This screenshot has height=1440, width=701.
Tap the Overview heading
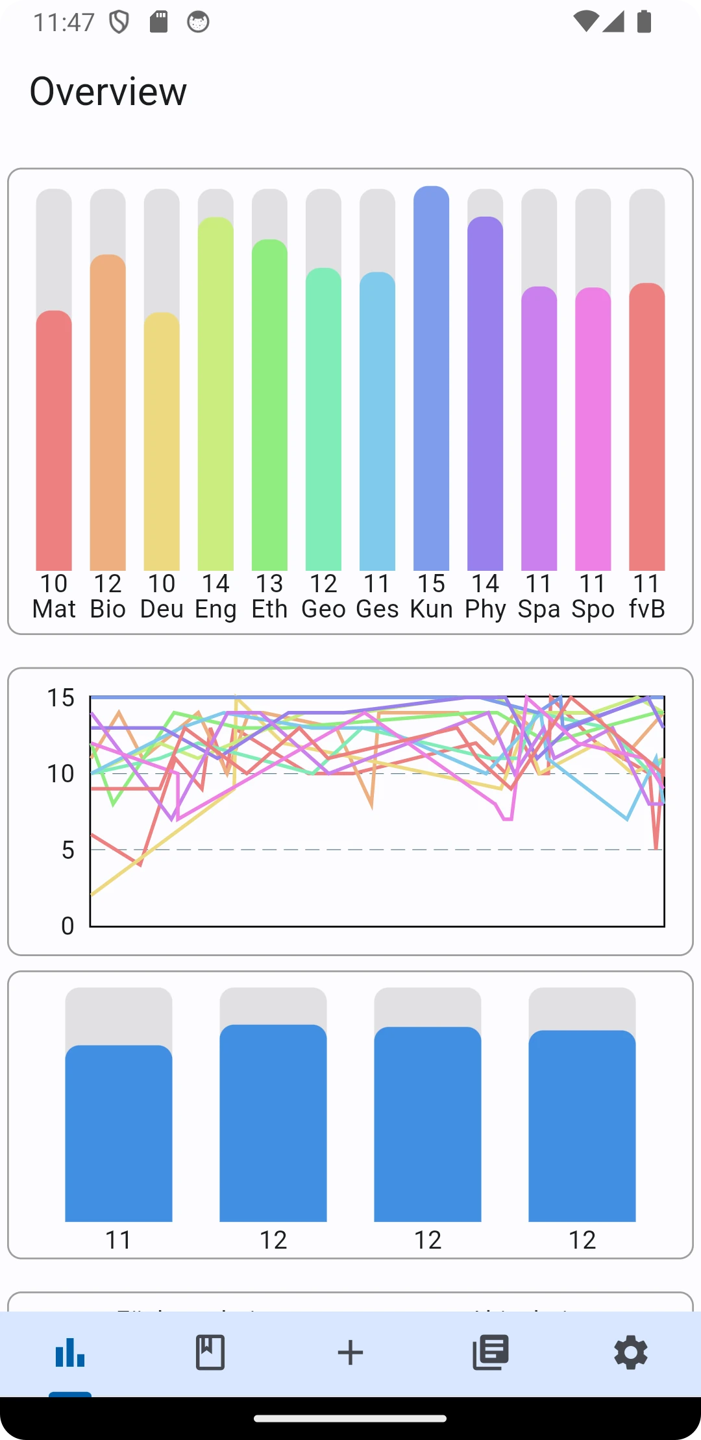click(108, 91)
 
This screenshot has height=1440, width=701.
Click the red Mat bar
click(54, 441)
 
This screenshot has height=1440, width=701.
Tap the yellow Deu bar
click(162, 441)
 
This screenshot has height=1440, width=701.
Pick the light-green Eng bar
click(215, 396)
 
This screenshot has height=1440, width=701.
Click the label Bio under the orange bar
click(108, 609)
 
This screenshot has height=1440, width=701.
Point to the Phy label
click(485, 609)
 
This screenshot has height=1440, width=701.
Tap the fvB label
click(646, 609)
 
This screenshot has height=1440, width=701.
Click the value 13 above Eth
click(269, 584)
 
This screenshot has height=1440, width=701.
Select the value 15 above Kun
click(431, 584)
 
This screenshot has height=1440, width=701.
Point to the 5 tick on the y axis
click(68, 850)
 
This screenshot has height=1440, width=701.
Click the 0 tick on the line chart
click(68, 926)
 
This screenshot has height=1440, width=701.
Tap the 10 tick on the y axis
click(60, 773)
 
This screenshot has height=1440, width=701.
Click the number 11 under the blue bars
click(119, 1240)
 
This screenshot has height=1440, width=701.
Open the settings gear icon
click(630, 1352)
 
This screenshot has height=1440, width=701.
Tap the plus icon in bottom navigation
click(350, 1352)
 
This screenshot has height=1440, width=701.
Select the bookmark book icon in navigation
click(210, 1352)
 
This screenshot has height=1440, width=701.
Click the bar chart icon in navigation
click(70, 1352)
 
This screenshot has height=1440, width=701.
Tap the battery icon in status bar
click(644, 22)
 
